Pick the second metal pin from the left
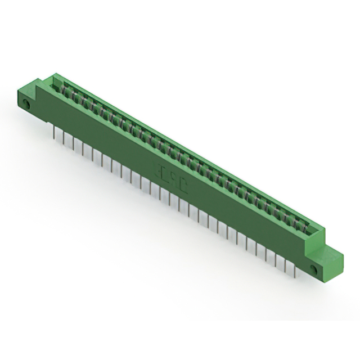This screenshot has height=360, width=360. click(64, 138)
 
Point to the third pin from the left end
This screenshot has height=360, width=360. click(73, 143)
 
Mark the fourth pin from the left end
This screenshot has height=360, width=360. click(83, 148)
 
